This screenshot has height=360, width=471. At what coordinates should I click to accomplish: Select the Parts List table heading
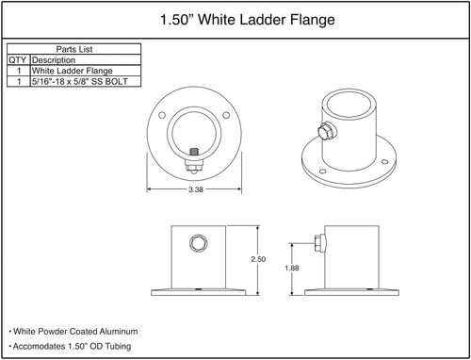73,49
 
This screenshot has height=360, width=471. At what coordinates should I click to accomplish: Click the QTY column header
18,59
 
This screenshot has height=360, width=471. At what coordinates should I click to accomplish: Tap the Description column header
53,59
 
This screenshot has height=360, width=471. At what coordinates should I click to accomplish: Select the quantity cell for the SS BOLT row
18,82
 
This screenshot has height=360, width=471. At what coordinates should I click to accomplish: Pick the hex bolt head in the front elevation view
196,243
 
